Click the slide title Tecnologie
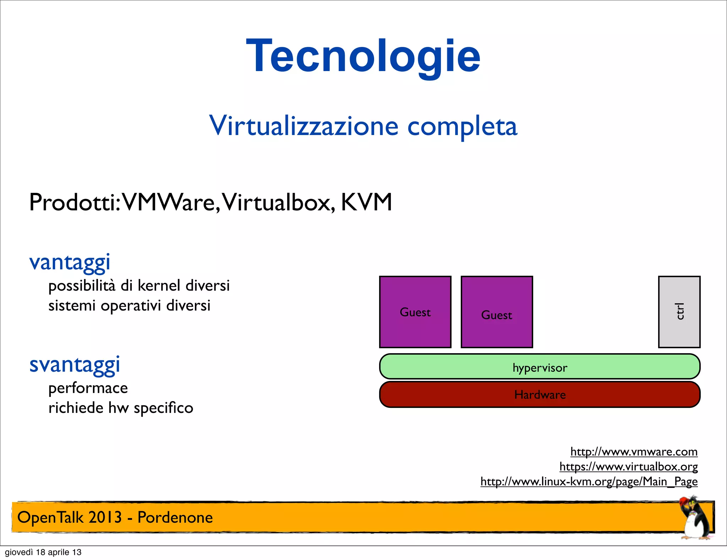click(x=363, y=56)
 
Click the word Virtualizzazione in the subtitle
click(x=304, y=126)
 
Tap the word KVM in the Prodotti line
click(x=366, y=202)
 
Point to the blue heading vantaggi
click(x=70, y=263)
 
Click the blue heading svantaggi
click(x=75, y=365)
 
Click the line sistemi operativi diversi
click(x=129, y=306)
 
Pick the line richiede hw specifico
click(x=121, y=408)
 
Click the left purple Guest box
click(x=415, y=312)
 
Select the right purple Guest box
click(x=497, y=312)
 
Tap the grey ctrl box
click(x=679, y=312)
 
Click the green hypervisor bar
click(x=540, y=366)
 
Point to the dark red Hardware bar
click(x=540, y=394)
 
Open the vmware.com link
click(x=634, y=452)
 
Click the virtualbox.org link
click(x=628, y=467)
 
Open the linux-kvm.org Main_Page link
click(x=589, y=481)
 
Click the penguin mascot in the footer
click(x=695, y=519)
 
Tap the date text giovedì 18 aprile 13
click(x=43, y=552)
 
